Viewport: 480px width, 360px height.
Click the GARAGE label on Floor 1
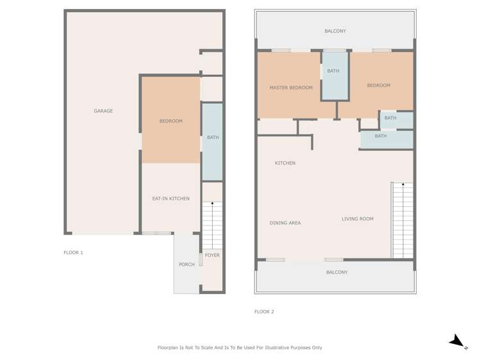[103, 111]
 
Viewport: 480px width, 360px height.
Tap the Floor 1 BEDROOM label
[171, 121]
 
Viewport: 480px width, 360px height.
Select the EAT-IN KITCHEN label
[170, 199]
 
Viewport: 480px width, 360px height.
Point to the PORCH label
[186, 265]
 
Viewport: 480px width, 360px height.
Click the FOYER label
[212, 256]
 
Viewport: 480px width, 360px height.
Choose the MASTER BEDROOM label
[291, 88]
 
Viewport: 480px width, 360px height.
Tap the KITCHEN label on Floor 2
[285, 163]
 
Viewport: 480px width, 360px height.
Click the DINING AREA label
[285, 223]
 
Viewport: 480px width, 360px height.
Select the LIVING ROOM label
[358, 219]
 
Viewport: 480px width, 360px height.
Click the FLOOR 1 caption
[73, 252]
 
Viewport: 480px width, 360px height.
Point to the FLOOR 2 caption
[264, 312]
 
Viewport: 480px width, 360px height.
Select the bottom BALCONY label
[336, 272]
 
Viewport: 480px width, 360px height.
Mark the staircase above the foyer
[212, 224]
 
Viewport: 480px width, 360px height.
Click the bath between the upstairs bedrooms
[334, 76]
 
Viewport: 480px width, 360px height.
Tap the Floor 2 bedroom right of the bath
[379, 85]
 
